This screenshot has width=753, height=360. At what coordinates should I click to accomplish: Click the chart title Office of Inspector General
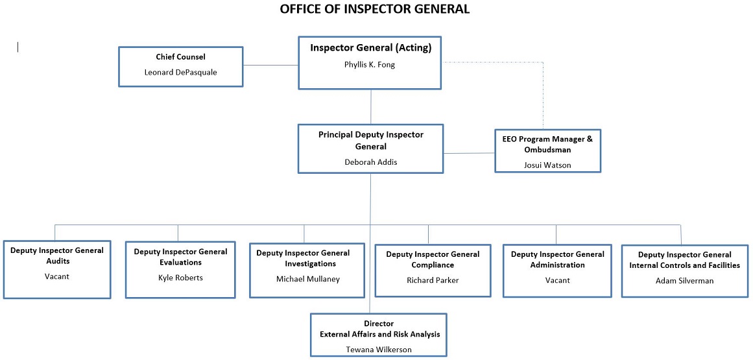tap(375, 9)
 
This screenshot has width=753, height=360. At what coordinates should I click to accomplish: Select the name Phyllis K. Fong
tap(370, 65)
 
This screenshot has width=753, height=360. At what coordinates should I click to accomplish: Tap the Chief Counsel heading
tap(180, 57)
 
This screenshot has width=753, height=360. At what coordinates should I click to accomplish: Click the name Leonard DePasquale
tap(180, 72)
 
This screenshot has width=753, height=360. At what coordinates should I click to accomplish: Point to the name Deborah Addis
tap(370, 162)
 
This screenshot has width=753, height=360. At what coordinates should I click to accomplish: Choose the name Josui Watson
tap(547, 165)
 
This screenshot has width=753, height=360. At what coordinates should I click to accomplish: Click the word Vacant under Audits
tap(57, 276)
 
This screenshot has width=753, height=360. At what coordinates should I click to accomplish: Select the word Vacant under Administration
tap(557, 280)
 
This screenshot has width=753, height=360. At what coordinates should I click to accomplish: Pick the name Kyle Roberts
tap(180, 278)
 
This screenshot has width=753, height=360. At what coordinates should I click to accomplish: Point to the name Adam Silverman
tap(684, 280)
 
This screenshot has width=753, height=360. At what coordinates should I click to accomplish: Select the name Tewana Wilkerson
tap(379, 349)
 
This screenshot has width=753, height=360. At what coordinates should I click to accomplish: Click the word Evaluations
tap(180, 263)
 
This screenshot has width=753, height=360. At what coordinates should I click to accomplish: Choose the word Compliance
tap(432, 265)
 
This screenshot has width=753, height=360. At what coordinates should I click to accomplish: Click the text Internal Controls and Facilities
tap(684, 265)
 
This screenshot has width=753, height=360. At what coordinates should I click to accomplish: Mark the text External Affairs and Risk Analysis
tap(379, 334)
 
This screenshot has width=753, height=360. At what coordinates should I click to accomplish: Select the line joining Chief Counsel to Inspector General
tap(270, 66)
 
